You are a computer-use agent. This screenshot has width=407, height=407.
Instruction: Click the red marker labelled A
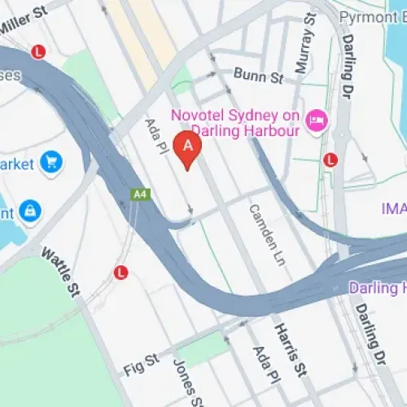pyautogui.click(x=189, y=148)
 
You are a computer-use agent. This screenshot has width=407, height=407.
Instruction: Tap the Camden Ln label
pyautogui.click(x=262, y=228)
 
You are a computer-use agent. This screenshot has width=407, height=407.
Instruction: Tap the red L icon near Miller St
pyautogui.click(x=37, y=52)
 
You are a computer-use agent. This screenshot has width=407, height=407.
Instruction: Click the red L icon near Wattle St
pyautogui.click(x=121, y=272)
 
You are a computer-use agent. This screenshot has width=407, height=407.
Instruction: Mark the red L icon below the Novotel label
pyautogui.click(x=330, y=160)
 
